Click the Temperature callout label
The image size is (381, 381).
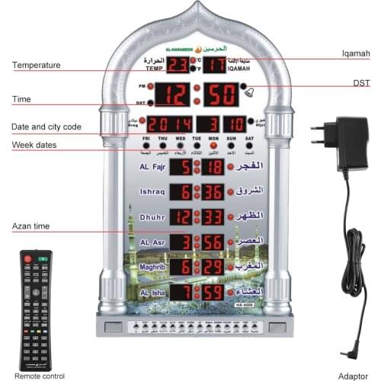36,66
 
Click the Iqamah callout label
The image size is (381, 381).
355,54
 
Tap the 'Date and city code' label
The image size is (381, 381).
46,127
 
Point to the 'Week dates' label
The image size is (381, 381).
34,145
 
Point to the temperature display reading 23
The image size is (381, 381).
178,65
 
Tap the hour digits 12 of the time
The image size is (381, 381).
175,95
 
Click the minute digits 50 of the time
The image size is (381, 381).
220,95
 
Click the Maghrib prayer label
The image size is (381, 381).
153,266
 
